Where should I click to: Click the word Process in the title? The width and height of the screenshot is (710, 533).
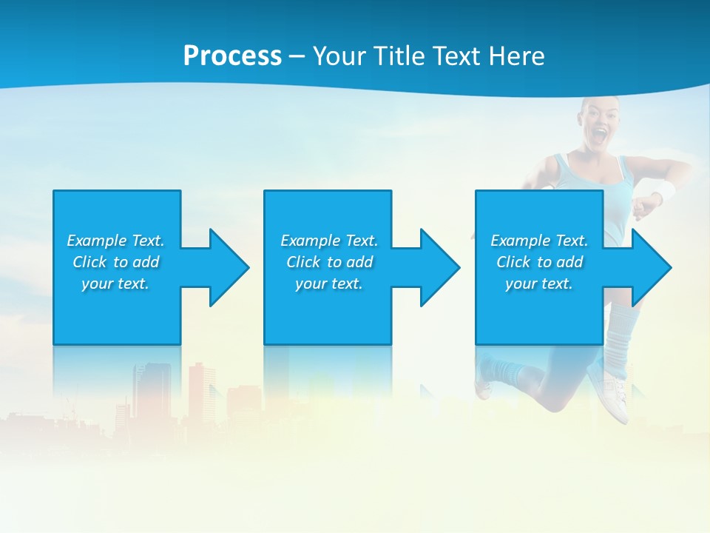point(232,56)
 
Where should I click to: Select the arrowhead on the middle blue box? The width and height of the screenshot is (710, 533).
point(436,267)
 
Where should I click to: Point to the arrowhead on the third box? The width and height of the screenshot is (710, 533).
point(648,267)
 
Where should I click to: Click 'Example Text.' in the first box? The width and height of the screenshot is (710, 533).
point(115,241)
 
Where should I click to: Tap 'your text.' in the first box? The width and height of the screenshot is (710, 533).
point(115,284)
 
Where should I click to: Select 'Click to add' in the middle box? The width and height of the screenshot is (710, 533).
point(329,262)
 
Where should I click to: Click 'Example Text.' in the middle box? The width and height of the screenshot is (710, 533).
point(329,241)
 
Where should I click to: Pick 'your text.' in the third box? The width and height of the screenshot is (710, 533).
point(539,284)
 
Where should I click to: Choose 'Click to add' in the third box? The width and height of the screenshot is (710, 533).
point(539,262)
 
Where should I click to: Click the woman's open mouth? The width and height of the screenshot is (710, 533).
point(601,136)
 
